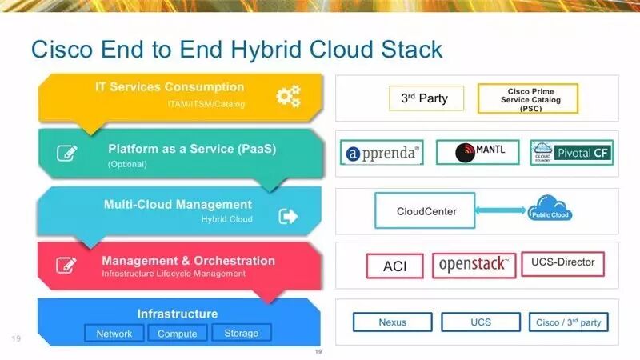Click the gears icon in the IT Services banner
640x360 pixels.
[x=288, y=96]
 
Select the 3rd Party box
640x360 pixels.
[x=424, y=98]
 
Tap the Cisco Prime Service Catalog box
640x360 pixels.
[x=527, y=98]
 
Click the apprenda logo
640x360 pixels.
[x=382, y=153]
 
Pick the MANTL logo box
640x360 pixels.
[x=477, y=152]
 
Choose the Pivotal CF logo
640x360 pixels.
[x=571, y=152]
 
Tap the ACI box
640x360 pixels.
[x=395, y=266]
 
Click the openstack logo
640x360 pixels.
[x=474, y=265]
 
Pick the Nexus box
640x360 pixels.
[x=393, y=322]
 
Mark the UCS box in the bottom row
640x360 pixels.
[x=482, y=322]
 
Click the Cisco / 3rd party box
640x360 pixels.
[x=569, y=322]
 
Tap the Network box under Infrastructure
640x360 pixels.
[x=114, y=333]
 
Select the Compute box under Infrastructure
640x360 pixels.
[x=178, y=333]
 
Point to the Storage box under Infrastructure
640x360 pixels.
[x=242, y=333]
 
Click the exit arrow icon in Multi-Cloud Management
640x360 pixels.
[x=288, y=216]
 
